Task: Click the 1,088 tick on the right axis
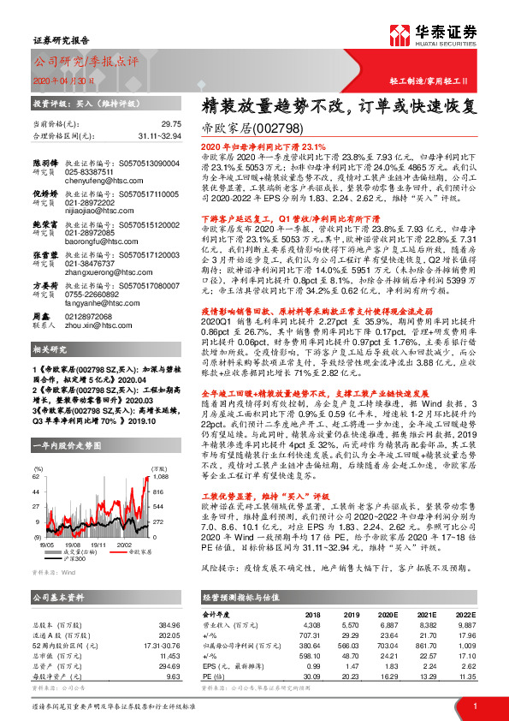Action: [x=160, y=475]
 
